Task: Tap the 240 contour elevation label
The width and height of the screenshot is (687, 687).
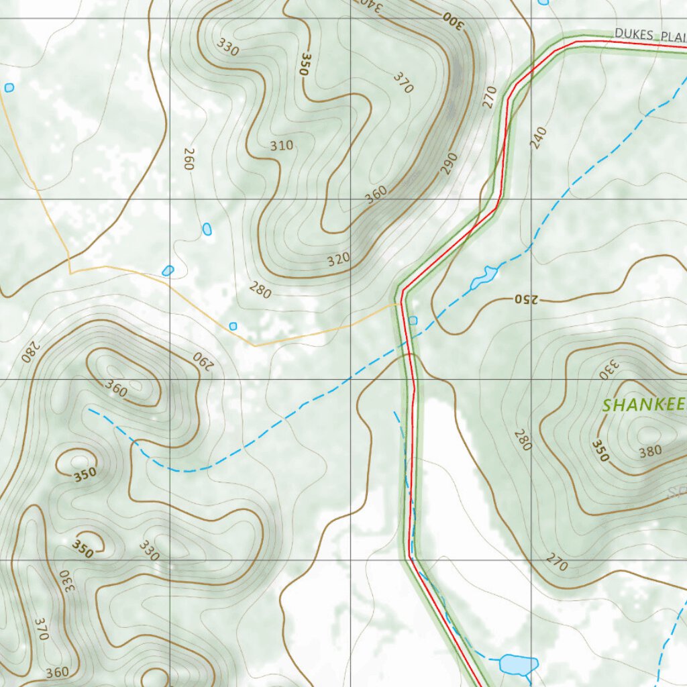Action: pyautogui.click(x=538, y=139)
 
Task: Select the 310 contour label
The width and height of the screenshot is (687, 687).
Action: pyautogui.click(x=282, y=146)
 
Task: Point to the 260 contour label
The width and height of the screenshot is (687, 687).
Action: pyautogui.click(x=189, y=159)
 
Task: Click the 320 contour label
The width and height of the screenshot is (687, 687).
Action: pyautogui.click(x=339, y=258)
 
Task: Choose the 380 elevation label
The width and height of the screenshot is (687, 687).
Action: pyautogui.click(x=650, y=452)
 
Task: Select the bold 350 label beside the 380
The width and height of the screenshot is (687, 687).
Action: pyautogui.click(x=600, y=451)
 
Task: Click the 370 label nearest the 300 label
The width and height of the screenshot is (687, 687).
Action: pyautogui.click(x=403, y=83)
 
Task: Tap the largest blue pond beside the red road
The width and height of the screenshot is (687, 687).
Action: pyautogui.click(x=518, y=664)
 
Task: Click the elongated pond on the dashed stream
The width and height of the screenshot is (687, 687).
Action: pyautogui.click(x=484, y=276)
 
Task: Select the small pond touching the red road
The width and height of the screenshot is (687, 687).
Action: pyautogui.click(x=413, y=321)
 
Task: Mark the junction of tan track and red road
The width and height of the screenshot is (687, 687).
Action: pyautogui.click(x=401, y=304)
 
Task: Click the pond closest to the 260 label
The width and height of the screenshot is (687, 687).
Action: pyautogui.click(x=207, y=229)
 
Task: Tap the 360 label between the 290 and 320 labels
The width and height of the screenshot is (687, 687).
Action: pyautogui.click(x=376, y=194)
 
